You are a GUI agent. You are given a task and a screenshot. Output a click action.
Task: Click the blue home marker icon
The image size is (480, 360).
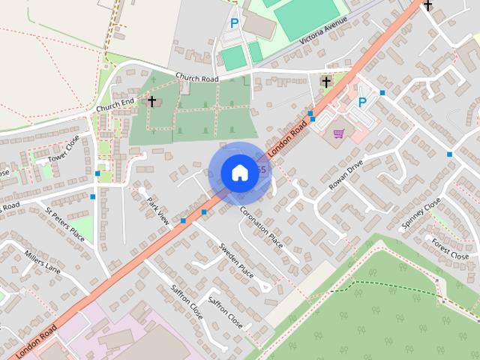point(239,172)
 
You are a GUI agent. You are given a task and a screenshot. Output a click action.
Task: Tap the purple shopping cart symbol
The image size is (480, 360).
point(338,133)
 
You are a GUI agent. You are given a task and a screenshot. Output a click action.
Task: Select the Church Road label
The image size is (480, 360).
point(197,77)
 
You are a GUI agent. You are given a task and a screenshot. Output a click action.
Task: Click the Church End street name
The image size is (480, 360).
point(114,106)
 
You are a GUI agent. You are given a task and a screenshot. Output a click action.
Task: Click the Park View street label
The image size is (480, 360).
point(159,211)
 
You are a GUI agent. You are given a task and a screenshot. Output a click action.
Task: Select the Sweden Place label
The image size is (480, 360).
point(235,259)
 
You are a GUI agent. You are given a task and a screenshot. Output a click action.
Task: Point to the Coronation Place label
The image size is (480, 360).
point(261,228)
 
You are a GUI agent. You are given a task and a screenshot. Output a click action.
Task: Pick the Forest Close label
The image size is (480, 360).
point(450,247)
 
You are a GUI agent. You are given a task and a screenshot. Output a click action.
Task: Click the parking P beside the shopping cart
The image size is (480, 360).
point(362,103)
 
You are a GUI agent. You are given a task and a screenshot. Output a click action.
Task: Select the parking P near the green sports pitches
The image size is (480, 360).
point(234,24)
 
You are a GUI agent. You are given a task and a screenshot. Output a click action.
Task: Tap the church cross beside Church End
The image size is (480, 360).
point(151,100)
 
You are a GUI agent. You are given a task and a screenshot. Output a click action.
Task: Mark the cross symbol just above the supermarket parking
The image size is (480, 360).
point(326,81)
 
